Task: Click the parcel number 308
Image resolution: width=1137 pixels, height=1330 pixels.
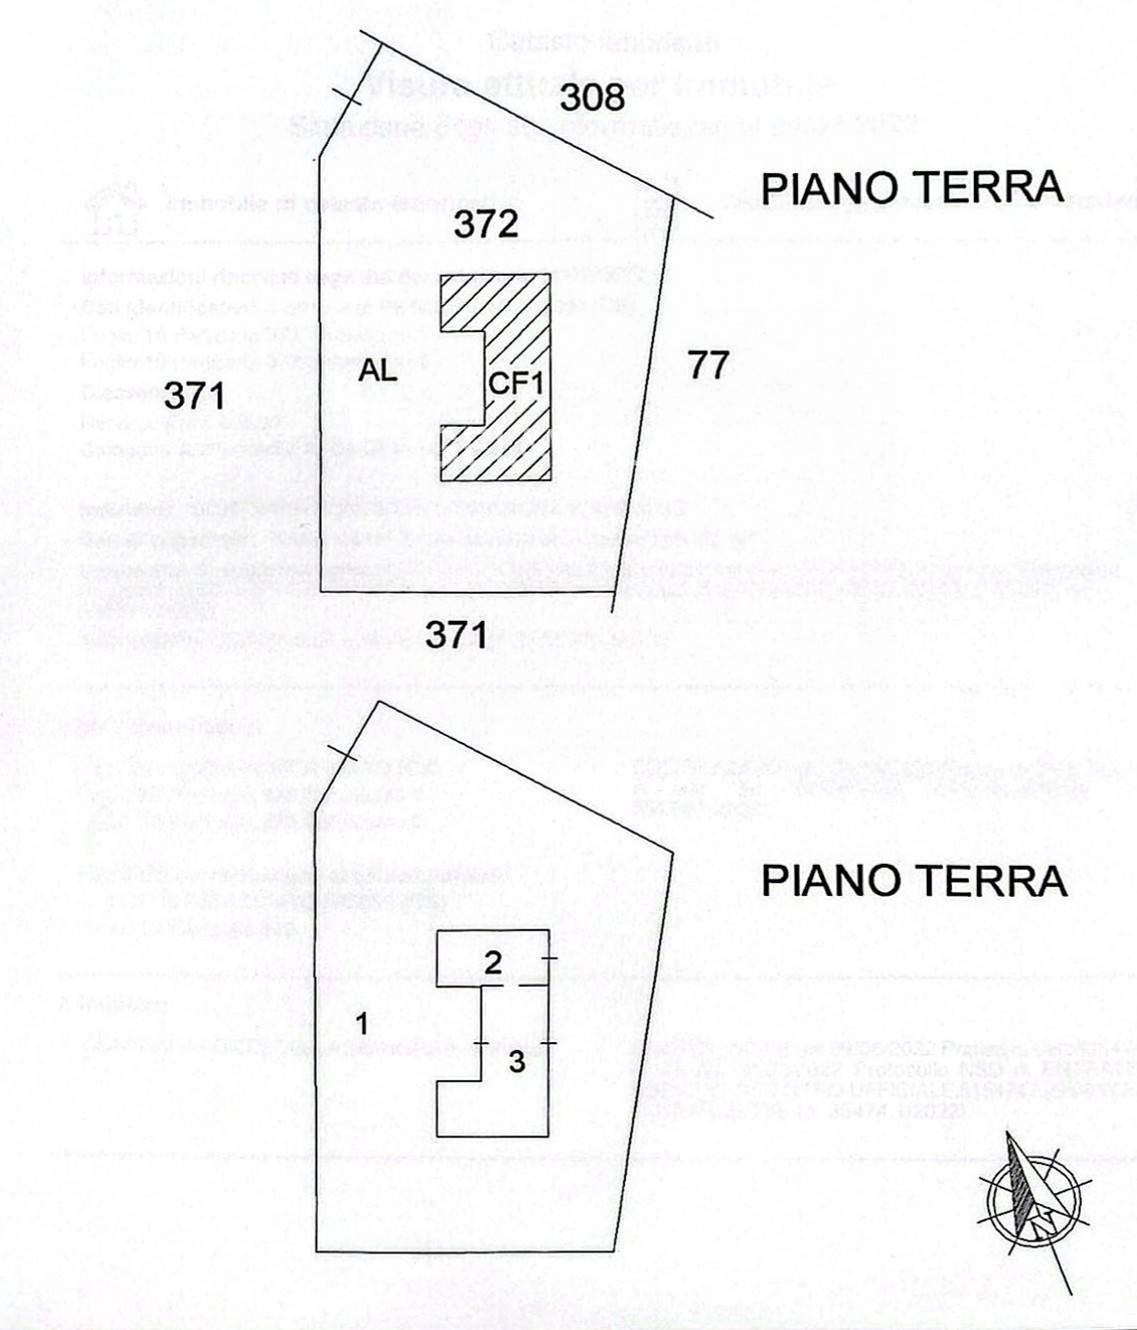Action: [x=592, y=98]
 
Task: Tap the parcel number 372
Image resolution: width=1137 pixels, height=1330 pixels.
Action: [x=486, y=225]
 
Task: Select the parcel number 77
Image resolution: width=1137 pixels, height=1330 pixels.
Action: [x=708, y=365]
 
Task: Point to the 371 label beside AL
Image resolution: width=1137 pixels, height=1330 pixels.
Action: [x=194, y=396]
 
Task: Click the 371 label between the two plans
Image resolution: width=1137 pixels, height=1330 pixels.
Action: [x=456, y=634]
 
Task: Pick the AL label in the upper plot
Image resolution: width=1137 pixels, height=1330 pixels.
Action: [x=379, y=371]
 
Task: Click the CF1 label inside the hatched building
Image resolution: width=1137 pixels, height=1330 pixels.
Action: [x=516, y=383]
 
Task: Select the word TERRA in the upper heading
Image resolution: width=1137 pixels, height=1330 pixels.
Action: [x=992, y=188]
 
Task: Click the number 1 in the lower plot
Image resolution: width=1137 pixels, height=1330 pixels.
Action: [x=363, y=1024]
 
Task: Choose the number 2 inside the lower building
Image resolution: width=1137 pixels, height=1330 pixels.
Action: [x=493, y=964]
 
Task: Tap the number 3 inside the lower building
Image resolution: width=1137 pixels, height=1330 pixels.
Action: [x=516, y=1062]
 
